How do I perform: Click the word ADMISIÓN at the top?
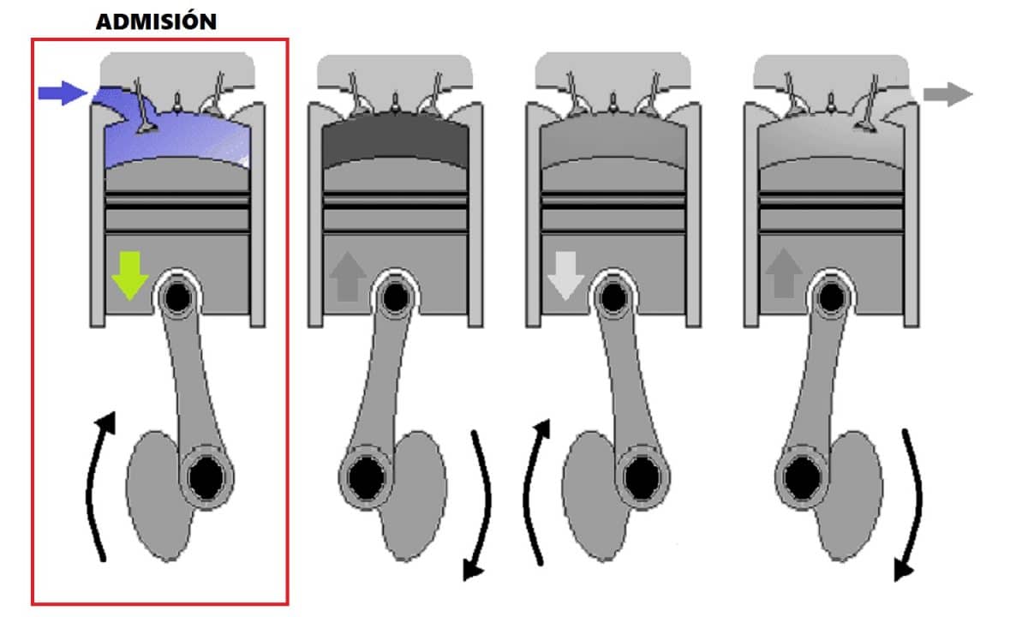156,21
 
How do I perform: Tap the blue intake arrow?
63,93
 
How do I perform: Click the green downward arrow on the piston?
130,274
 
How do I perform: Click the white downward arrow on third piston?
565,274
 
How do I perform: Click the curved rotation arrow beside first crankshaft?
97,488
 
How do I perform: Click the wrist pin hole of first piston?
178,297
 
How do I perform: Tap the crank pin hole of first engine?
206,478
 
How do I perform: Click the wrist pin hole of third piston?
613,297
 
